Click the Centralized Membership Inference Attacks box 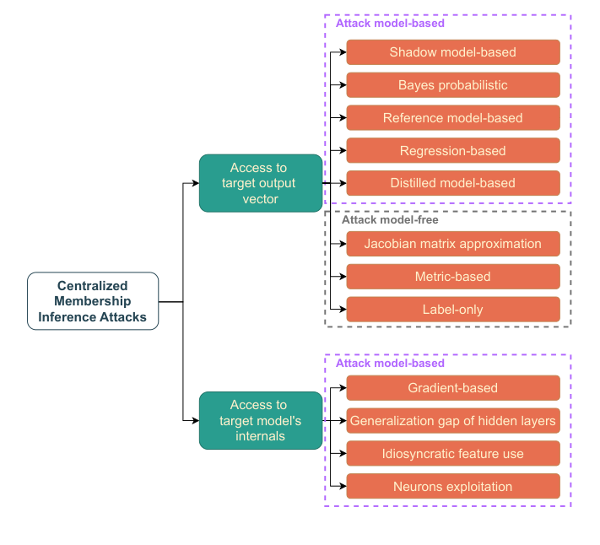(x=93, y=301)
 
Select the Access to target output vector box (x=261, y=183)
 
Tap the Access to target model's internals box (x=261, y=420)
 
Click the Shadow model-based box (x=453, y=52)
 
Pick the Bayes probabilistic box (x=453, y=85)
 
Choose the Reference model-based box (x=453, y=118)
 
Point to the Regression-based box (x=453, y=151)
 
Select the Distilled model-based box (x=453, y=183)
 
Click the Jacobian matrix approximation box (x=453, y=244)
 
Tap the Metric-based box (x=453, y=277)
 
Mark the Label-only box (x=453, y=310)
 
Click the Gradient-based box (x=453, y=388)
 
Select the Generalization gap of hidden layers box (x=453, y=421)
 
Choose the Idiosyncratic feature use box (x=453, y=454)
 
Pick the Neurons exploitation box (x=453, y=487)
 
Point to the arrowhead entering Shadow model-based (x=342, y=52)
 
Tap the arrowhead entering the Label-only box (x=342, y=310)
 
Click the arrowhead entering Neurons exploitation (x=342, y=487)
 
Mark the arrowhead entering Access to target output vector (x=195, y=183)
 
